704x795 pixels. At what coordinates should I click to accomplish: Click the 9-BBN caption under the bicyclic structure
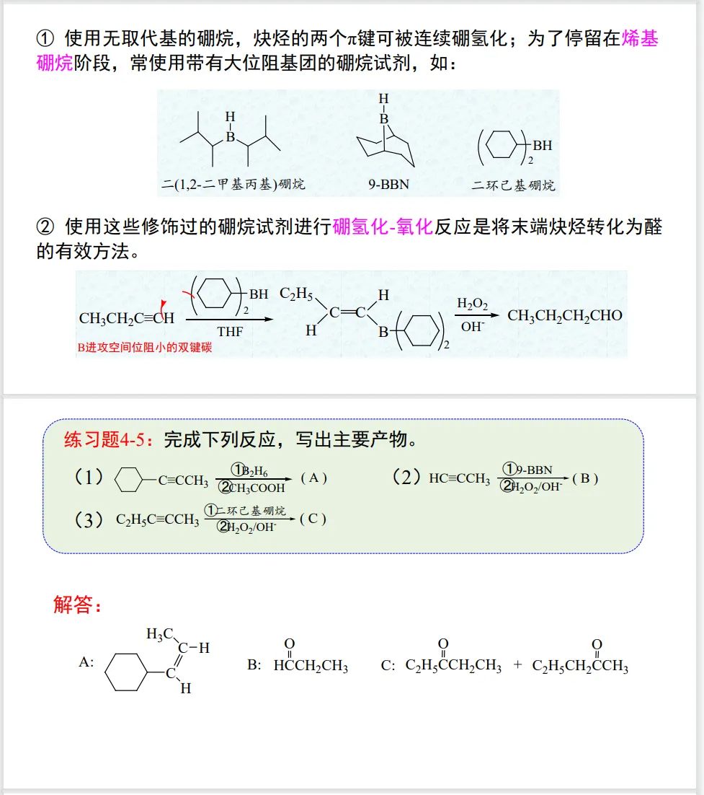click(388, 185)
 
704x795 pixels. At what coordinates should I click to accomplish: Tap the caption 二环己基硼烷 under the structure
click(513, 185)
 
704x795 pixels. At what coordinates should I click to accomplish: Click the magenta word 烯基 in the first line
click(639, 38)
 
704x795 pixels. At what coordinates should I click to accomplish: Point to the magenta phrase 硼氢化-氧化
click(383, 227)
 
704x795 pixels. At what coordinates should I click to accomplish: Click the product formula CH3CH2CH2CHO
click(564, 315)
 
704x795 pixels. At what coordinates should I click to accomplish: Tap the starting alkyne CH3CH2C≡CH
click(127, 317)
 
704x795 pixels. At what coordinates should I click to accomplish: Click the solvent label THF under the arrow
click(230, 332)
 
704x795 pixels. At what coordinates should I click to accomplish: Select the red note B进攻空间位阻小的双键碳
click(145, 348)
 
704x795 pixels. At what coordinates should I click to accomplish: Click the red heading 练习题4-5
click(109, 439)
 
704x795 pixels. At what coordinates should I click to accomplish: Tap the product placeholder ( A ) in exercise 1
click(314, 478)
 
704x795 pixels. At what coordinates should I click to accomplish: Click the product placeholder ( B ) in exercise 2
click(585, 478)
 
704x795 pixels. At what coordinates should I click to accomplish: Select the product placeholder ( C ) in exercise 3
click(313, 519)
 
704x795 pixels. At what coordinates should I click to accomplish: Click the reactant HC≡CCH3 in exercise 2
click(459, 479)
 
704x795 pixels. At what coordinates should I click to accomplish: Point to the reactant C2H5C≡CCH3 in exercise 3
click(157, 520)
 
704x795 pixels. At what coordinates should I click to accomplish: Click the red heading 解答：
click(78, 605)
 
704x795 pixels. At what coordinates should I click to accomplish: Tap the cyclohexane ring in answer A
click(126, 672)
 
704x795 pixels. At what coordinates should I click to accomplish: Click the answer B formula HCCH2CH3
click(311, 666)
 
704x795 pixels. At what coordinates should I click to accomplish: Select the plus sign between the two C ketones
click(517, 664)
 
